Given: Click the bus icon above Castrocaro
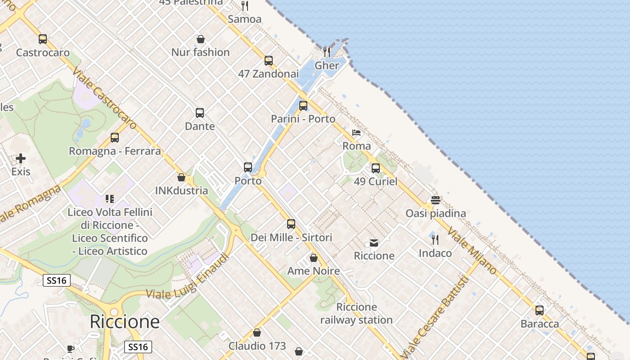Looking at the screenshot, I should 43,39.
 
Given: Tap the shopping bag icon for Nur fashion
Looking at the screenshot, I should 201,39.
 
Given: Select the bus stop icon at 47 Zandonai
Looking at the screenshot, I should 269,60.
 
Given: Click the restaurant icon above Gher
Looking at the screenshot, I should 327,52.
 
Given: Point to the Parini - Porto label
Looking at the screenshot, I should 303,119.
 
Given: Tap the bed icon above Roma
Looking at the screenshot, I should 356,133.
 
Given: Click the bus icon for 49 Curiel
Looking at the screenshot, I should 376,168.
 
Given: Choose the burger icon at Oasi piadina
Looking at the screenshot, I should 435,200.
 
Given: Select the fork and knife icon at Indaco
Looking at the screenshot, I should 435,240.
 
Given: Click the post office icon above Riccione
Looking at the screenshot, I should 374,243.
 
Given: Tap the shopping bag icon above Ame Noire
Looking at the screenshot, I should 314,258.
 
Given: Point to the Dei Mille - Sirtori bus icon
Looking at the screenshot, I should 291,224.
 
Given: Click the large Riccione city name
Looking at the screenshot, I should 125,322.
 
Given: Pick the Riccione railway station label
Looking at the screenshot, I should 356,314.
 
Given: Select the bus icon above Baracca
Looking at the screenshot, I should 540,310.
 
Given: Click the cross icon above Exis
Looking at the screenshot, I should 21,158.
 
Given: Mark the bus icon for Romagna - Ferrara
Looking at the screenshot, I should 115,138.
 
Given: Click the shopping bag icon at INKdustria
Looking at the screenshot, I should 181,177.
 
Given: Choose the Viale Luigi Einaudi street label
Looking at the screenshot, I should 188,276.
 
